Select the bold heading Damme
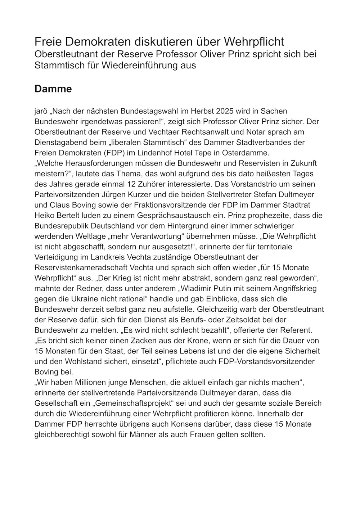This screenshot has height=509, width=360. tap(53, 89)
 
